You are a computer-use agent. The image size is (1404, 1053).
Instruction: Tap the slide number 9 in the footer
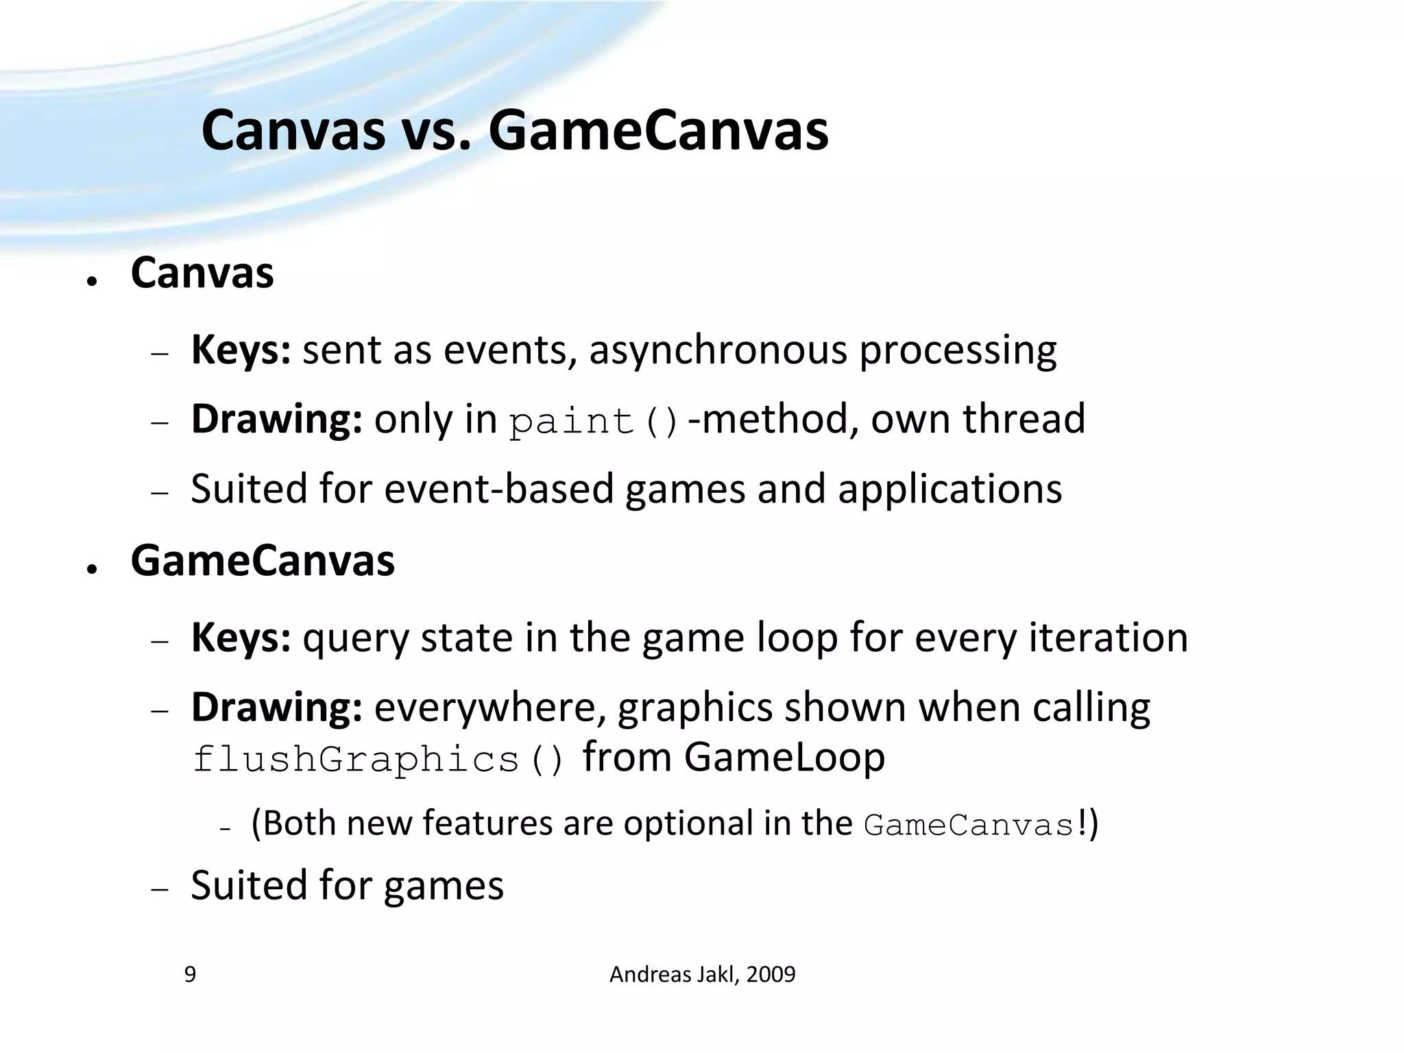pos(190,974)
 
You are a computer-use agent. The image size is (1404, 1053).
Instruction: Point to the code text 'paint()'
pos(594,422)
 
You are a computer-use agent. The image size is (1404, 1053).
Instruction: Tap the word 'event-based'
pos(498,489)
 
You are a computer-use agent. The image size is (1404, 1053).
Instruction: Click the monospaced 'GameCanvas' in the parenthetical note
pos(969,825)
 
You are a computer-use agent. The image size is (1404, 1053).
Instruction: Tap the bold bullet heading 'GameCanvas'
pos(263,561)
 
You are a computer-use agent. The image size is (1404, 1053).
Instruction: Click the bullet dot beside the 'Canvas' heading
pos(91,282)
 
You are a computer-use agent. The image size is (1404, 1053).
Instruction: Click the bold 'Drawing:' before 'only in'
pos(276,420)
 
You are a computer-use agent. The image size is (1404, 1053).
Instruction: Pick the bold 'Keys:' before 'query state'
pos(241,638)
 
